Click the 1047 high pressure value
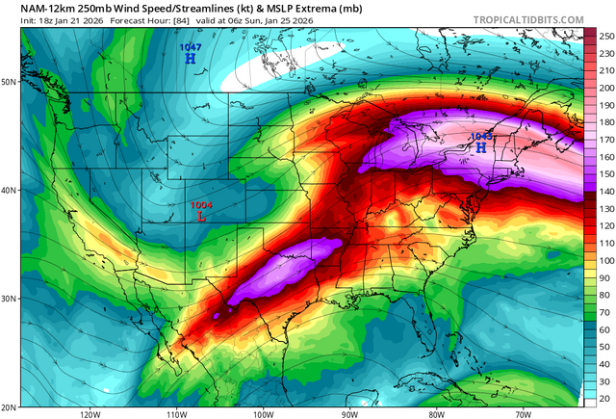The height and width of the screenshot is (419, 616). [190, 46]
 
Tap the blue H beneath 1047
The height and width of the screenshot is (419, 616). [190, 59]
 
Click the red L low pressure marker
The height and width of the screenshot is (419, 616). [200, 217]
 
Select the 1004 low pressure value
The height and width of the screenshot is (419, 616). [200, 204]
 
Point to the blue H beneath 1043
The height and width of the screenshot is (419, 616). [481, 149]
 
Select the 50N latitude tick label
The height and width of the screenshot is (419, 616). [10, 81]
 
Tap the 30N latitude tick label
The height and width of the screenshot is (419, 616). [10, 298]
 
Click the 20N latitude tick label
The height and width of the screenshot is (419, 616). [10, 406]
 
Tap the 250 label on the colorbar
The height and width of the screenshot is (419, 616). [605, 36]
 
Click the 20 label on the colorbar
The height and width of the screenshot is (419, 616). [603, 399]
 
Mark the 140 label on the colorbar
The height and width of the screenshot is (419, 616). [605, 194]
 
